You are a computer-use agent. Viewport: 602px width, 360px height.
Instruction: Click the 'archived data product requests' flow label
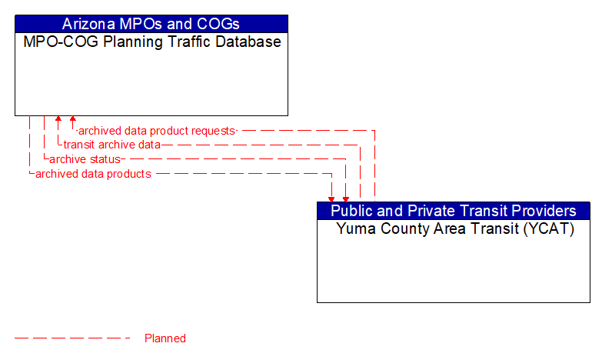tap(157, 131)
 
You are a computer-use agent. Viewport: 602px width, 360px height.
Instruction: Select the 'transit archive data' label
tap(111, 145)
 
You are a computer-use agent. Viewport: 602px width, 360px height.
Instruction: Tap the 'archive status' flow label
tap(85, 159)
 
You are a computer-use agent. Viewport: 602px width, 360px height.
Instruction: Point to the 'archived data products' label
tap(93, 174)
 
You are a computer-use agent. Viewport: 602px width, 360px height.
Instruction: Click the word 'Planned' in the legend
tap(165, 338)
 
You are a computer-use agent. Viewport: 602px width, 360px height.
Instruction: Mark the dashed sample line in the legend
tap(72, 338)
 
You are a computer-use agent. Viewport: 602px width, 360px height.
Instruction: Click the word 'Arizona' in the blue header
tap(89, 23)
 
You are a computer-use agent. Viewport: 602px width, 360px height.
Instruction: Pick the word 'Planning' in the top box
tap(123, 42)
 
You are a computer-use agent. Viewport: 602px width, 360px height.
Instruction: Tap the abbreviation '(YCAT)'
tap(547, 229)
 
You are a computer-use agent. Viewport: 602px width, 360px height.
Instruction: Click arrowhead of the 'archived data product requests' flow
tap(72, 120)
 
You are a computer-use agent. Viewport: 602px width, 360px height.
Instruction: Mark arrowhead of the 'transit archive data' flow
tap(58, 120)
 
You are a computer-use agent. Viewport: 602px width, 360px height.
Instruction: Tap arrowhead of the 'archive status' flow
tap(346, 198)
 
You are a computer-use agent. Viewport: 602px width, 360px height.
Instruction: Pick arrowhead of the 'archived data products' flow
tap(332, 198)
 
